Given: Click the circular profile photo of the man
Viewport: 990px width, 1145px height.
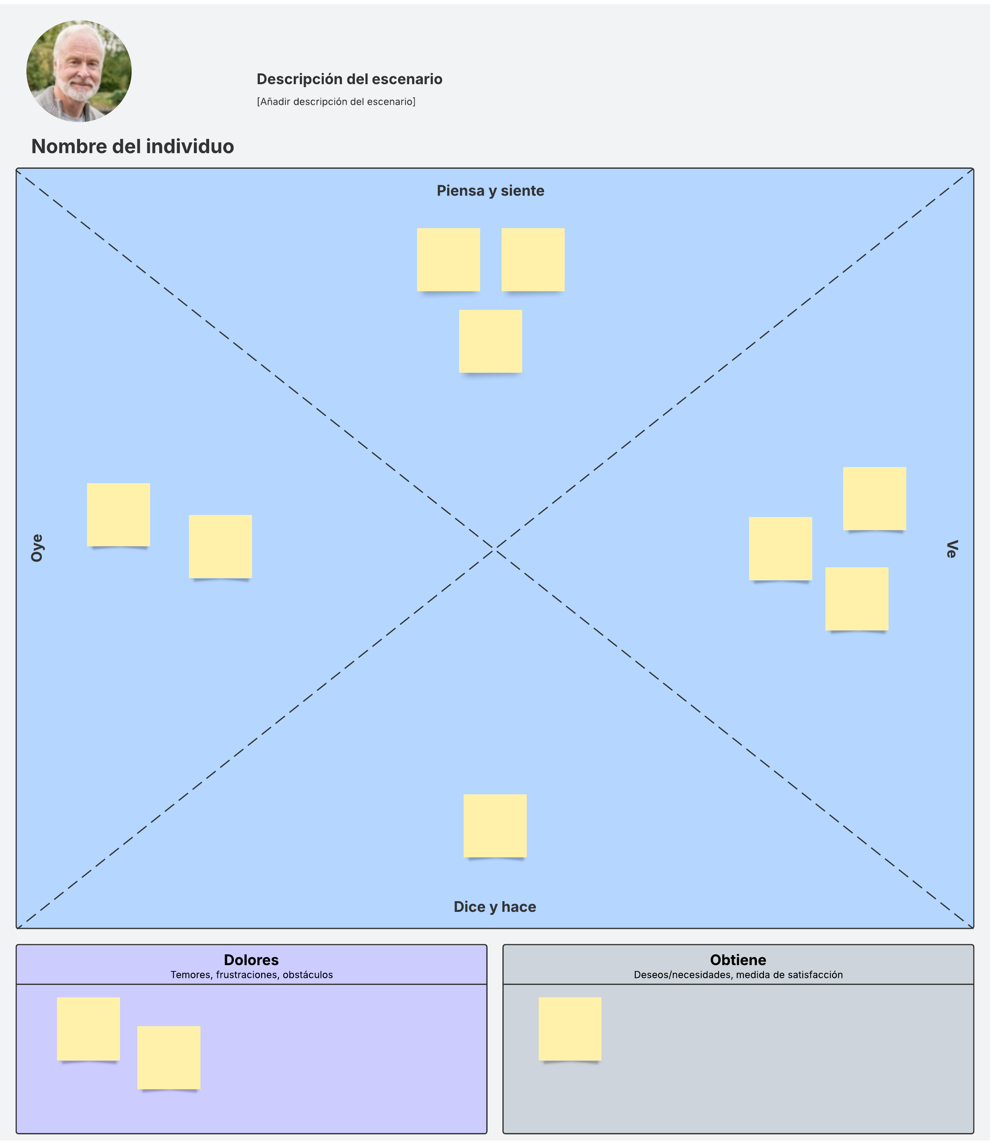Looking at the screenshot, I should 79,71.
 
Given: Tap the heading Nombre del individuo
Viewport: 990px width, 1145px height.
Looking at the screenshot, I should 132,146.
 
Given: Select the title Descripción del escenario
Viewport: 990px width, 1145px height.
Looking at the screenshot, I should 349,79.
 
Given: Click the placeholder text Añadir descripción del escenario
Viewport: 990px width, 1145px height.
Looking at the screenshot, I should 336,102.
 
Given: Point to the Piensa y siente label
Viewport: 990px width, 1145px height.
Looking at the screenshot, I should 490,191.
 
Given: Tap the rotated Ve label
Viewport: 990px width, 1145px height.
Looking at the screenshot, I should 951,549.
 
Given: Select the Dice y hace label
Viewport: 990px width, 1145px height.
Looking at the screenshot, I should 495,907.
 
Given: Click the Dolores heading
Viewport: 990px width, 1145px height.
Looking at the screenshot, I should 251,960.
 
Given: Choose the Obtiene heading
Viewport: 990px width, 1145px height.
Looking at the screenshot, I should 738,960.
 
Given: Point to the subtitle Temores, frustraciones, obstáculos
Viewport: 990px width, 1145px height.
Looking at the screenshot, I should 251,975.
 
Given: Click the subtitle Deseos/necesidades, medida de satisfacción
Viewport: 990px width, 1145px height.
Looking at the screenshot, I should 738,975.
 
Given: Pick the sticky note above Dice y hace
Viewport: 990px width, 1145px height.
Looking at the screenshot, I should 495,826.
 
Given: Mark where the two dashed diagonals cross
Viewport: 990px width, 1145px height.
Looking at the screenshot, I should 495,549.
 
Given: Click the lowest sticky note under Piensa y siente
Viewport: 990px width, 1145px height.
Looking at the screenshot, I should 490,341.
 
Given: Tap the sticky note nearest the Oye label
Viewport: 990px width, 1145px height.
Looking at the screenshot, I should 118,515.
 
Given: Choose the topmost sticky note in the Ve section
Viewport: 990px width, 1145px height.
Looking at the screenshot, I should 874,498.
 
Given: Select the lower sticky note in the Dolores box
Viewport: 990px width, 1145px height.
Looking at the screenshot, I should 168,1057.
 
